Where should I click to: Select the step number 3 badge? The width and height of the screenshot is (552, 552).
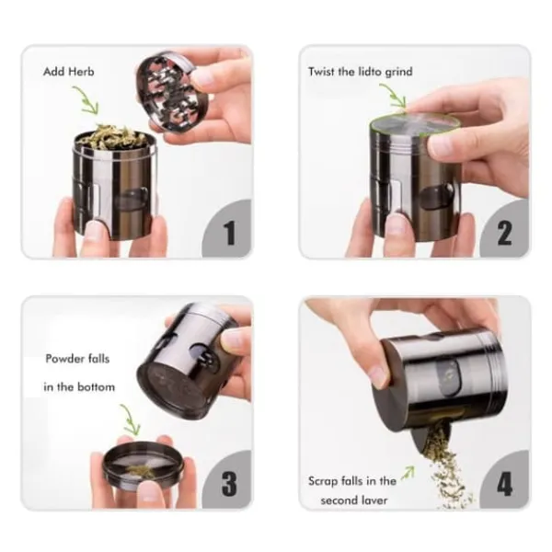click(x=227, y=480)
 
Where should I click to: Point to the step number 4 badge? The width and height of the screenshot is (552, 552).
click(x=504, y=480)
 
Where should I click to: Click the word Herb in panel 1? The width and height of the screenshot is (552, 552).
click(x=81, y=72)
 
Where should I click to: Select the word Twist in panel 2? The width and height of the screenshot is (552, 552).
click(x=322, y=72)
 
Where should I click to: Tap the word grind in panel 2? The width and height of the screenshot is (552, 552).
click(x=398, y=73)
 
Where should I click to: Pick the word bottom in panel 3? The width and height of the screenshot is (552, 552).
click(x=96, y=387)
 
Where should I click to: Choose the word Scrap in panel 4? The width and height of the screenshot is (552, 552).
click(x=322, y=481)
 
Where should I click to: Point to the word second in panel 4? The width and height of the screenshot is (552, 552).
click(x=338, y=500)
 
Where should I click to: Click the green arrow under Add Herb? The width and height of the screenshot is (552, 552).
click(x=86, y=100)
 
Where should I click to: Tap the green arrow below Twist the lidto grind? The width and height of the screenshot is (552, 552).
click(x=394, y=95)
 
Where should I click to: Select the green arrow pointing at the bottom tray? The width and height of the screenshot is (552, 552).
click(x=131, y=420)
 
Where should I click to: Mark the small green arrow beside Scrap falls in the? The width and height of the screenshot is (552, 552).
click(x=408, y=473)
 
